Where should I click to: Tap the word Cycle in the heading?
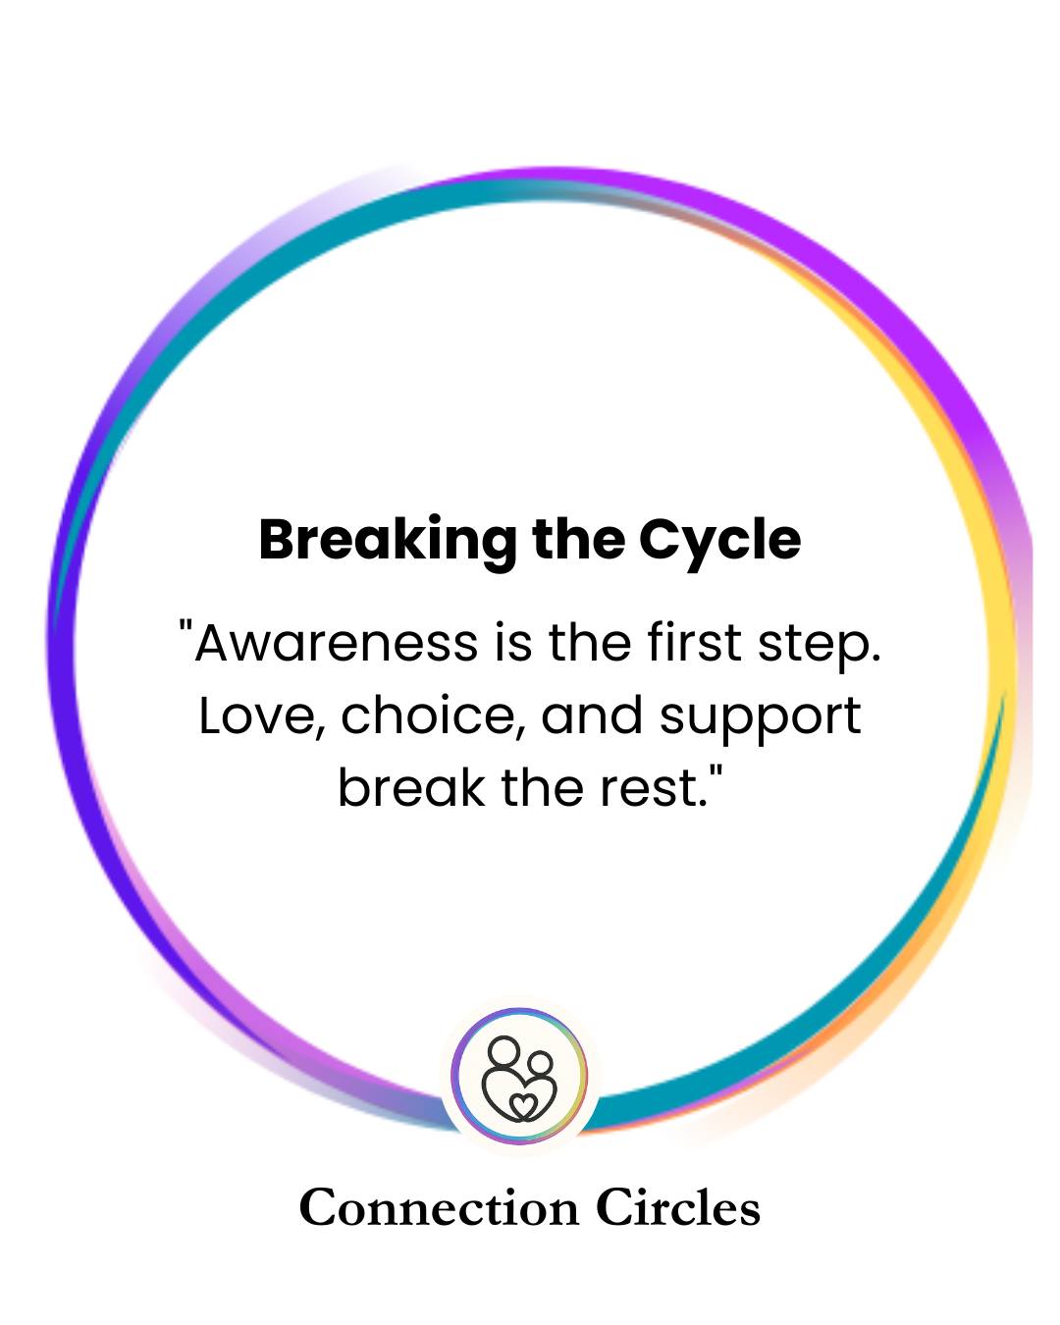(719, 541)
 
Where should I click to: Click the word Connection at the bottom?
(439, 1208)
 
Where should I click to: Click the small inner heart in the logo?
(523, 1105)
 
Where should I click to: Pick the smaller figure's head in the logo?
(539, 1063)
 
